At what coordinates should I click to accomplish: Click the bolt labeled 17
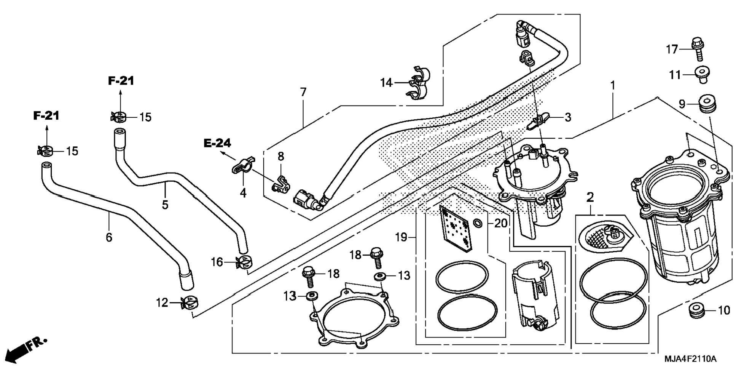pyautogui.click(x=697, y=48)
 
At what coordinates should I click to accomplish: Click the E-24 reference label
pyautogui.click(x=217, y=143)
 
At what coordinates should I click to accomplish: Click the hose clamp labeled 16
pyautogui.click(x=244, y=262)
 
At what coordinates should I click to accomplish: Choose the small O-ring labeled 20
pyautogui.click(x=478, y=223)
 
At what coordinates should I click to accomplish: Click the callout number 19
pyautogui.click(x=401, y=237)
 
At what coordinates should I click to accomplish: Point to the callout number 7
pyautogui.click(x=303, y=92)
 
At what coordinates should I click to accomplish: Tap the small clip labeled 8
pyautogui.click(x=281, y=184)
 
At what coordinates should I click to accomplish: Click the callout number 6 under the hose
pyautogui.click(x=109, y=238)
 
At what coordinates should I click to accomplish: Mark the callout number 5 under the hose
pyautogui.click(x=165, y=205)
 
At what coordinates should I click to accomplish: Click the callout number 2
pyautogui.click(x=590, y=197)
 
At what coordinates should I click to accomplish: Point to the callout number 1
pyautogui.click(x=613, y=86)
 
